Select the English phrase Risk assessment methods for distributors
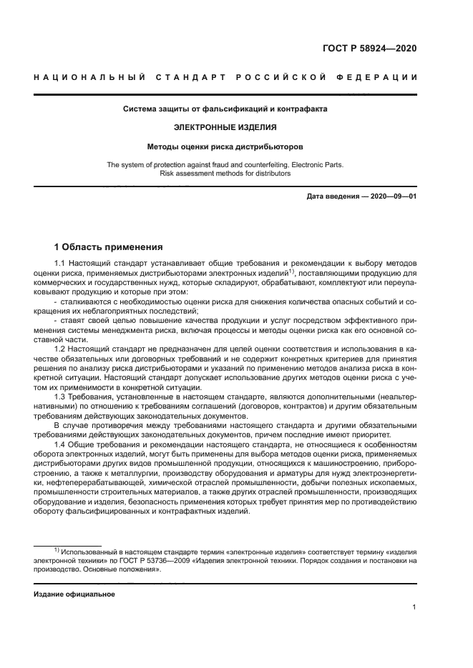point(225,173)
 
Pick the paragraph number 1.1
point(61,264)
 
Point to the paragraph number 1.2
point(61,348)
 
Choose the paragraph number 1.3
point(61,396)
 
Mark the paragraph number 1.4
point(61,444)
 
